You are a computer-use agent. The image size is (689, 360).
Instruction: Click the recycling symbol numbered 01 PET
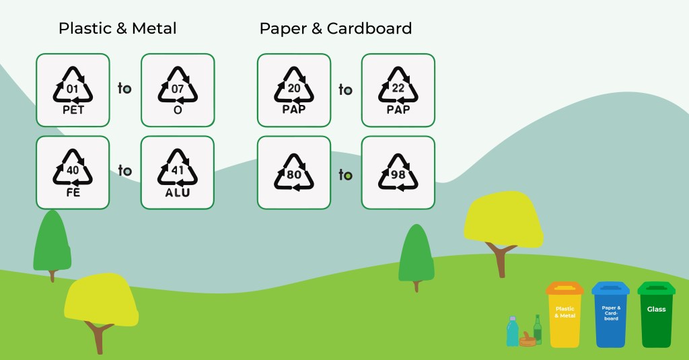coord(73,90)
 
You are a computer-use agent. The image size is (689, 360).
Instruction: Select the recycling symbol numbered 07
coord(178,90)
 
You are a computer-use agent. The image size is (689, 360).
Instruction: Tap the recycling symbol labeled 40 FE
coord(73,172)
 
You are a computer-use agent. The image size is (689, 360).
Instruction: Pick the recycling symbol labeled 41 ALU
coord(178,172)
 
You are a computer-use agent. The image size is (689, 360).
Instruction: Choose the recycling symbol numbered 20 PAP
coord(294,90)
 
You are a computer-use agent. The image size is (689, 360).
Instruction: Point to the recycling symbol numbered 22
coord(398,90)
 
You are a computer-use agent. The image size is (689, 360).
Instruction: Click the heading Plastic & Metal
coord(118,28)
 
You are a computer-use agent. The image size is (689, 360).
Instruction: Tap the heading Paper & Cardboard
coord(336,28)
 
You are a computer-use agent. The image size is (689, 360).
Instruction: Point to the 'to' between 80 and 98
coord(345,175)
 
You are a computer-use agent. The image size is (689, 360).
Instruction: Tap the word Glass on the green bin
coord(656,310)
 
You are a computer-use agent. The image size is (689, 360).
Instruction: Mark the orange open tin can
coord(528,340)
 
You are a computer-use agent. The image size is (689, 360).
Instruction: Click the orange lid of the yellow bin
coord(565,288)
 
